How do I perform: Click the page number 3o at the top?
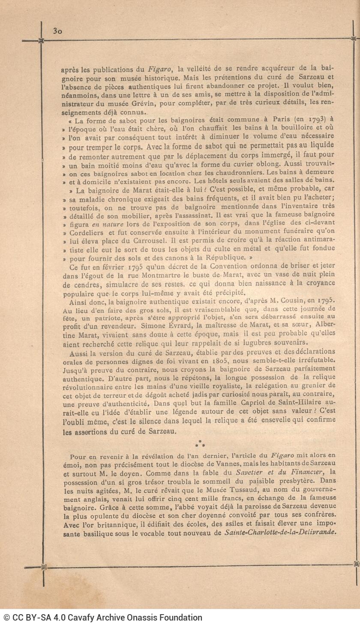click(x=58, y=31)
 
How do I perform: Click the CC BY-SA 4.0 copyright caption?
click(x=103, y=618)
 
